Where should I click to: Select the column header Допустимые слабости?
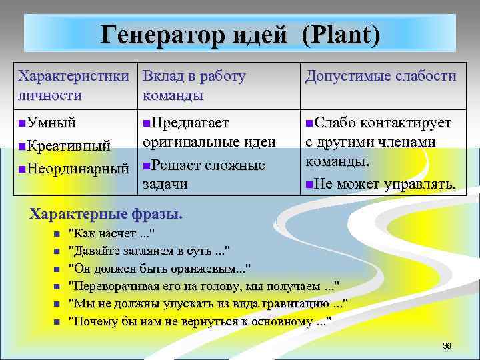381,77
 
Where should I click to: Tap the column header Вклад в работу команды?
194,85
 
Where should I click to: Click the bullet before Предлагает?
147,123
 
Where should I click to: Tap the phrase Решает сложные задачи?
203,174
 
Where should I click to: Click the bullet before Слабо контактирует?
309,123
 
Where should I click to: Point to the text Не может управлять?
385,184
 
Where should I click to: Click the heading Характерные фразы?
106,215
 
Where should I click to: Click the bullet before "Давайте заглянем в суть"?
57,252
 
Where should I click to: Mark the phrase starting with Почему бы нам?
200,322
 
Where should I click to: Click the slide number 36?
447,345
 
